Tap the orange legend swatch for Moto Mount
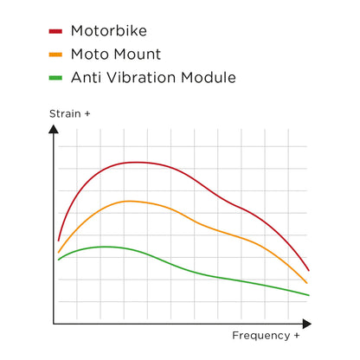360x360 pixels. [55, 55]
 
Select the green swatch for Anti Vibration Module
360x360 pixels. [55, 78]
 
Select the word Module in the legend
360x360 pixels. [208, 78]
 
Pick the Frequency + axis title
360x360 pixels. [267, 335]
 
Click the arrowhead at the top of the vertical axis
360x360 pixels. [54, 130]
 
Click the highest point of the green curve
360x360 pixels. [105, 247]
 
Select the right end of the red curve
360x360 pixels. [309, 271]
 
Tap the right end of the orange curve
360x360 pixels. [307, 283]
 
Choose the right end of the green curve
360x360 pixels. [309, 295]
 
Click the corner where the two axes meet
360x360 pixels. [54, 324]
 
